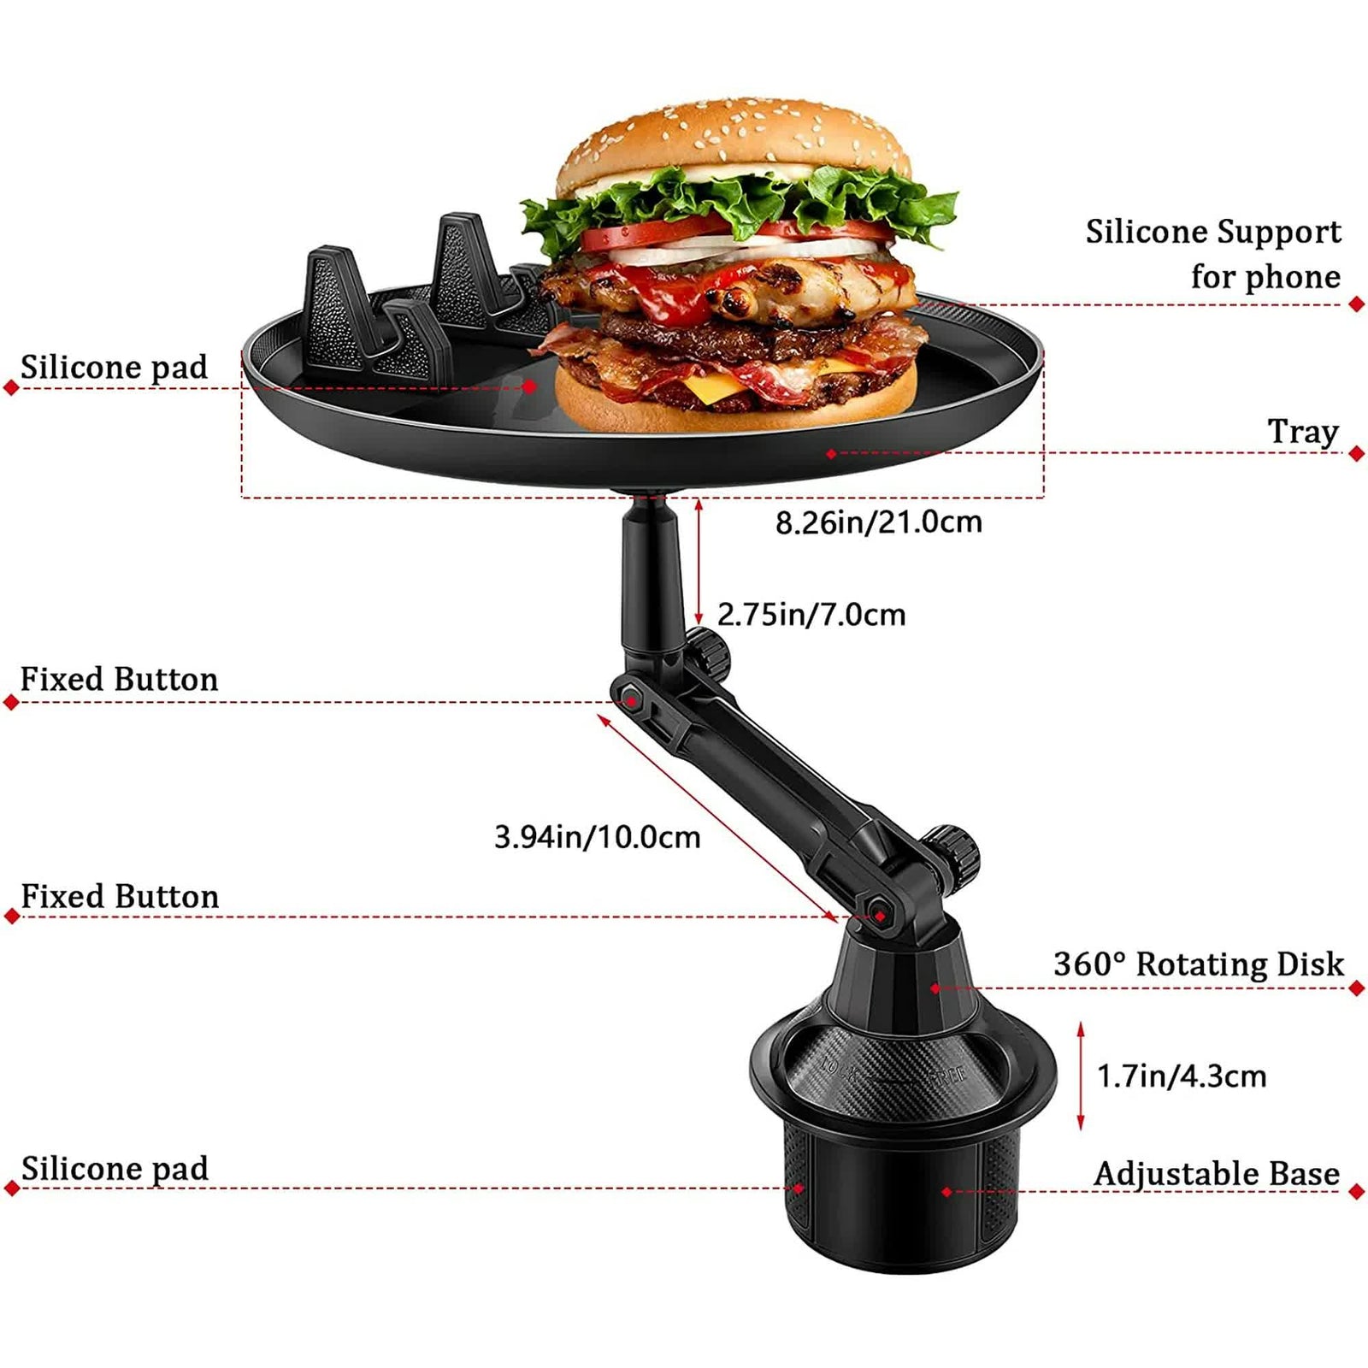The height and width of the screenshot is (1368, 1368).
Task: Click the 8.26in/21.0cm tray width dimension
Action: point(878,522)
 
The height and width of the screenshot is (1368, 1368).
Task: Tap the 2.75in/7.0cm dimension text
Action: point(811,615)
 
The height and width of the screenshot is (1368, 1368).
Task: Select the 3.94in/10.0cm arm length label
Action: point(597,837)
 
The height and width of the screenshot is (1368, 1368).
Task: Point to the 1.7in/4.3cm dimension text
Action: point(1181,1076)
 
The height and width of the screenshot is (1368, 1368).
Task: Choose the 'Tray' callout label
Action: point(1302,431)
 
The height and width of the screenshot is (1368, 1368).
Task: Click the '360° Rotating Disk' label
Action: point(1198,964)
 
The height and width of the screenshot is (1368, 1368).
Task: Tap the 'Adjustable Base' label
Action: point(1216,1174)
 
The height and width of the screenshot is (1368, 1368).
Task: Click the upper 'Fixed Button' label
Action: point(119,680)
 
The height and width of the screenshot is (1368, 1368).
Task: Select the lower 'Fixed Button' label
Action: point(120,897)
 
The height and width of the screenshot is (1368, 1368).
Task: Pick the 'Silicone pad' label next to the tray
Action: point(114,368)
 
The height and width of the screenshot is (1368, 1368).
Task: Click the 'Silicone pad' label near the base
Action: point(115,1169)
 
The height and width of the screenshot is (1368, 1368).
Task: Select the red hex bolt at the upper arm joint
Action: point(632,700)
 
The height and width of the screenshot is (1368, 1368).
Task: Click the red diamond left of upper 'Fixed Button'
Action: point(11,703)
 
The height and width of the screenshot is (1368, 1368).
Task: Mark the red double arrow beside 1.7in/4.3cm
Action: point(1081,1076)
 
